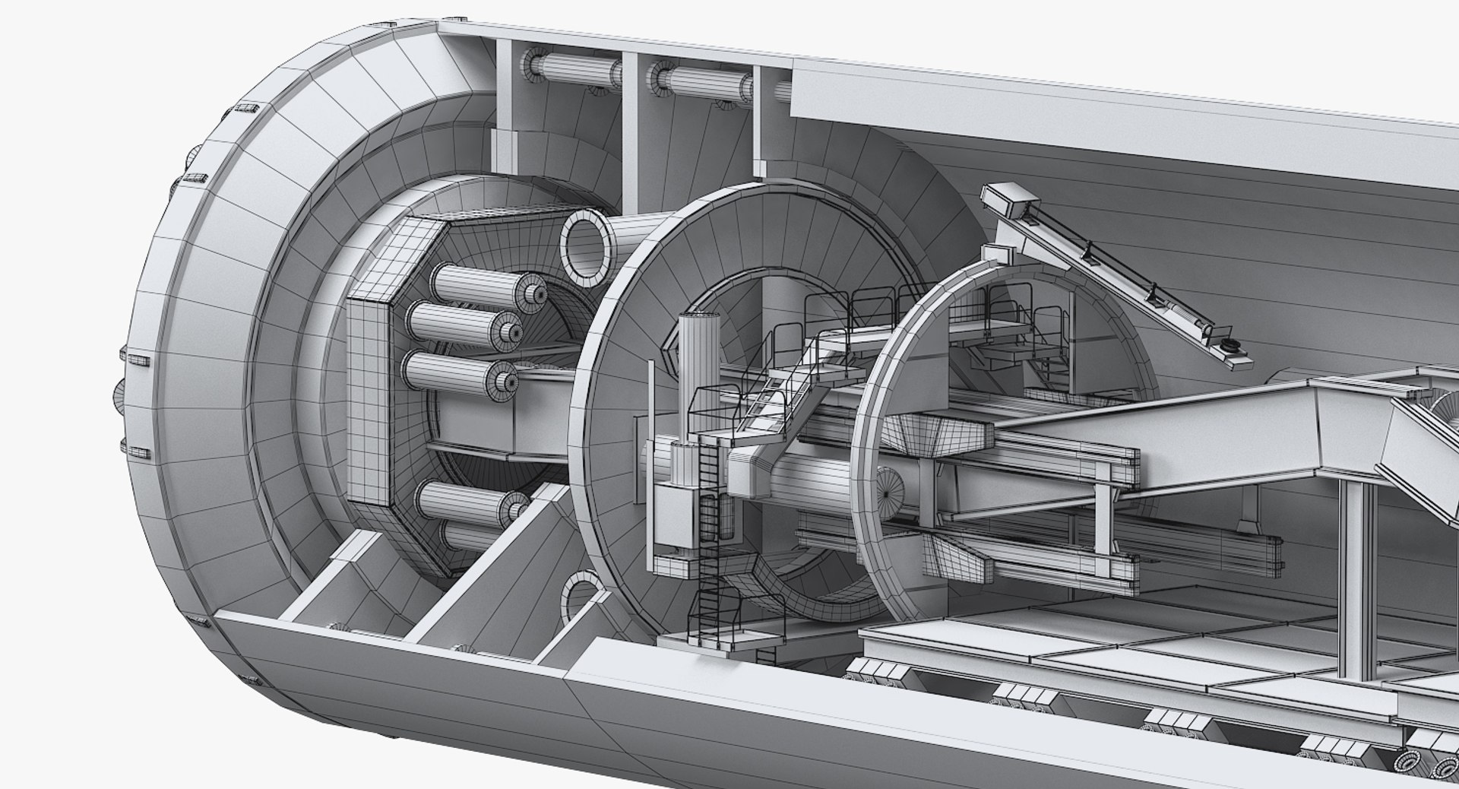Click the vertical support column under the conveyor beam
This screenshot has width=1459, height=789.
pos(1353,578)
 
